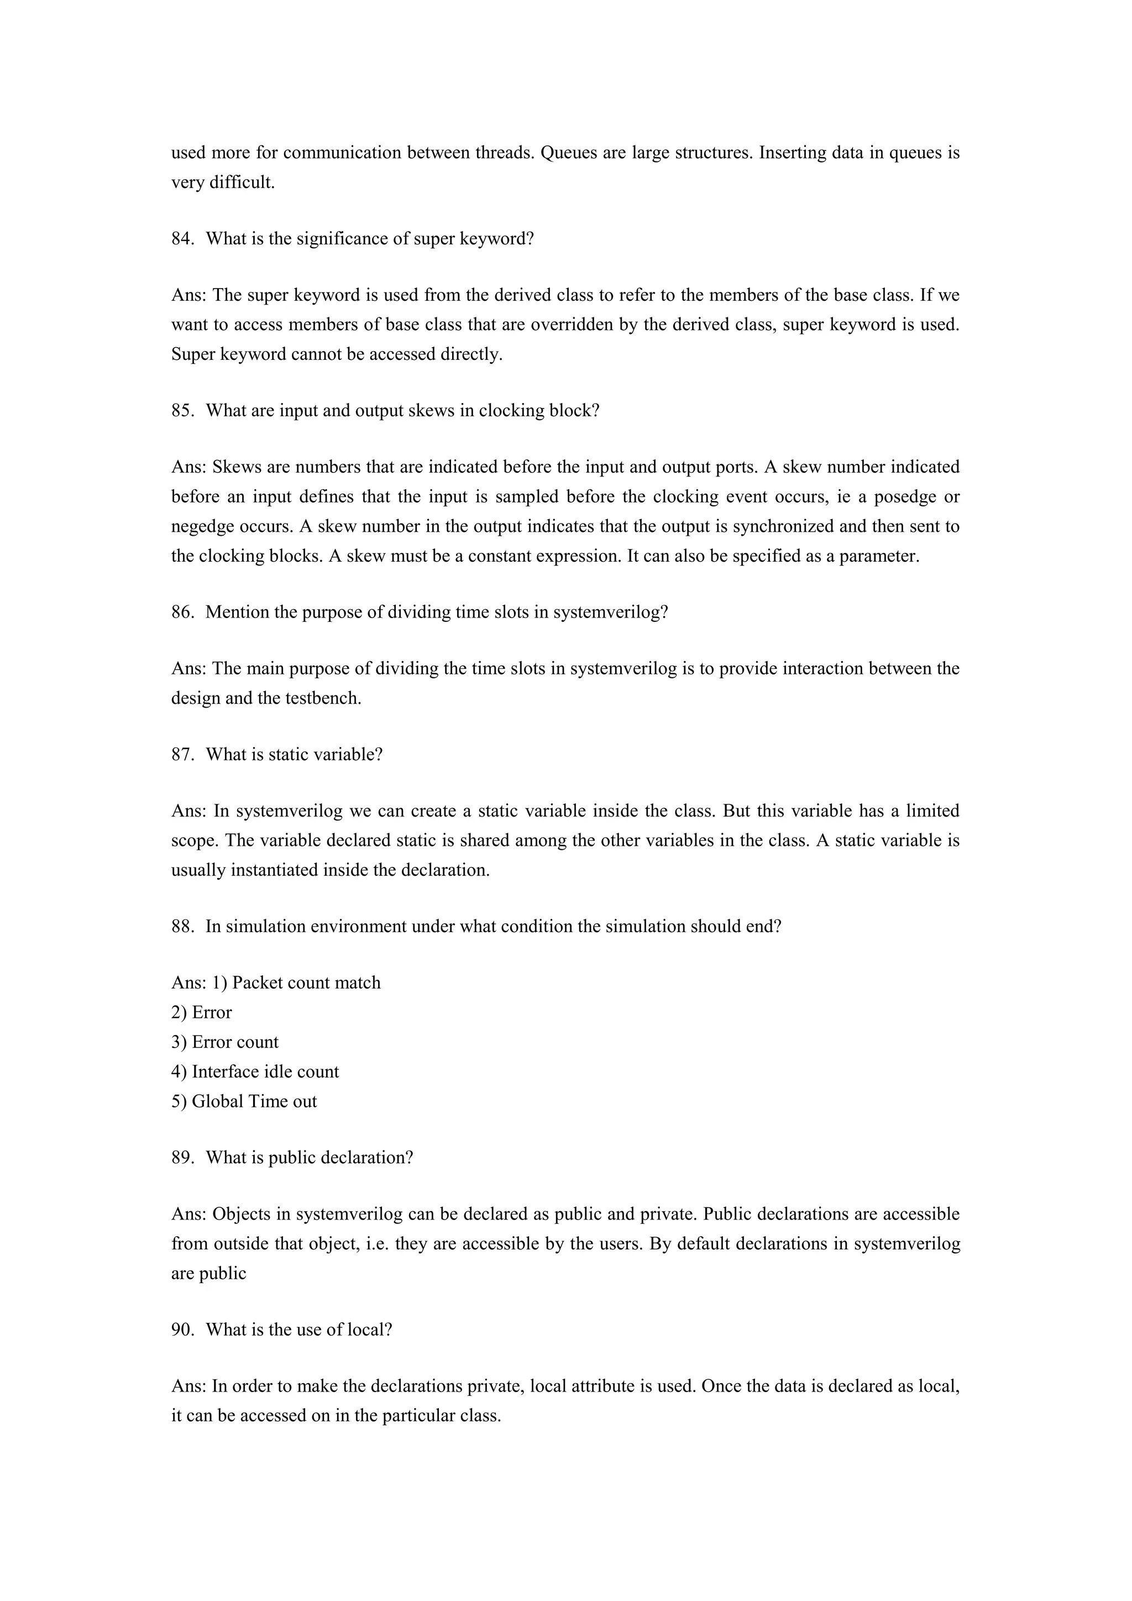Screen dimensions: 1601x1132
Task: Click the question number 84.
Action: coord(182,239)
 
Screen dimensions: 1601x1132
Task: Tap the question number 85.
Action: coord(182,411)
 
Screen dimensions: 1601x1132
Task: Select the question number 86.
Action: coord(182,612)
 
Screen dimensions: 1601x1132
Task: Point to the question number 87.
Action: coord(182,755)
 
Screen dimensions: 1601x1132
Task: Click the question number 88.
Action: coord(182,927)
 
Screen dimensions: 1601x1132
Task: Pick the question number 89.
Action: coord(182,1158)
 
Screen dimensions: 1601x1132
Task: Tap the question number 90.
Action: coord(182,1330)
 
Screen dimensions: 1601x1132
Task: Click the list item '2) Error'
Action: coord(201,1012)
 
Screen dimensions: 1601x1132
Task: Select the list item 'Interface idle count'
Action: coord(265,1072)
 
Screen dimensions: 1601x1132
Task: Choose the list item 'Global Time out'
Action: coord(254,1102)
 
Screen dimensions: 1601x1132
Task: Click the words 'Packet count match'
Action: coord(306,983)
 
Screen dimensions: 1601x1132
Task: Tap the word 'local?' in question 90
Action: coord(369,1330)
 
